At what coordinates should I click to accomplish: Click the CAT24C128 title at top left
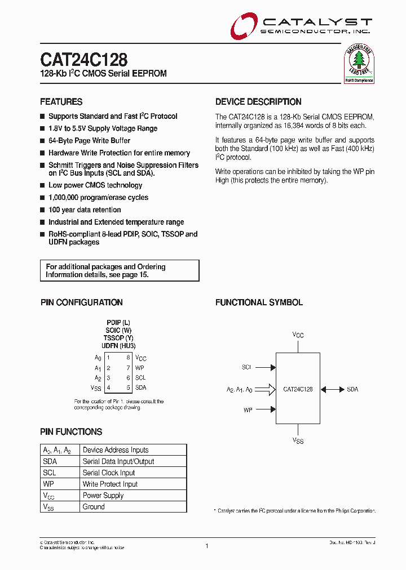click(83, 60)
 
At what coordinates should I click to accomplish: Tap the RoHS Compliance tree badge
click(359, 64)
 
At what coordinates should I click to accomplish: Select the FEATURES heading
click(61, 102)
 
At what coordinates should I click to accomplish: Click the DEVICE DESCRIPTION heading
click(258, 102)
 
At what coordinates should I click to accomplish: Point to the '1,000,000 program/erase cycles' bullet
click(98, 198)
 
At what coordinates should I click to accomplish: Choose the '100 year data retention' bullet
click(85, 210)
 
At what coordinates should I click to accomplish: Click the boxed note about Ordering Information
click(120, 270)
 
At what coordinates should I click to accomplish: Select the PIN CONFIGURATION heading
click(81, 302)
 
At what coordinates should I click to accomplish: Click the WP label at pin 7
click(140, 368)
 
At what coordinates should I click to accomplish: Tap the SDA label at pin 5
click(140, 388)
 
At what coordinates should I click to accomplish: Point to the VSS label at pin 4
click(96, 388)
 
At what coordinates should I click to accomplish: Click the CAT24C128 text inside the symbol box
click(298, 389)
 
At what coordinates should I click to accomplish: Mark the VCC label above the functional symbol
click(298, 335)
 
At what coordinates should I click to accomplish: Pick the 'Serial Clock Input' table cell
click(109, 473)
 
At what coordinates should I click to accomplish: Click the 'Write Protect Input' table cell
click(110, 484)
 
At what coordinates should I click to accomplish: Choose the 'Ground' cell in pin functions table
click(94, 507)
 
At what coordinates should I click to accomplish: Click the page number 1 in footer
click(207, 546)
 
